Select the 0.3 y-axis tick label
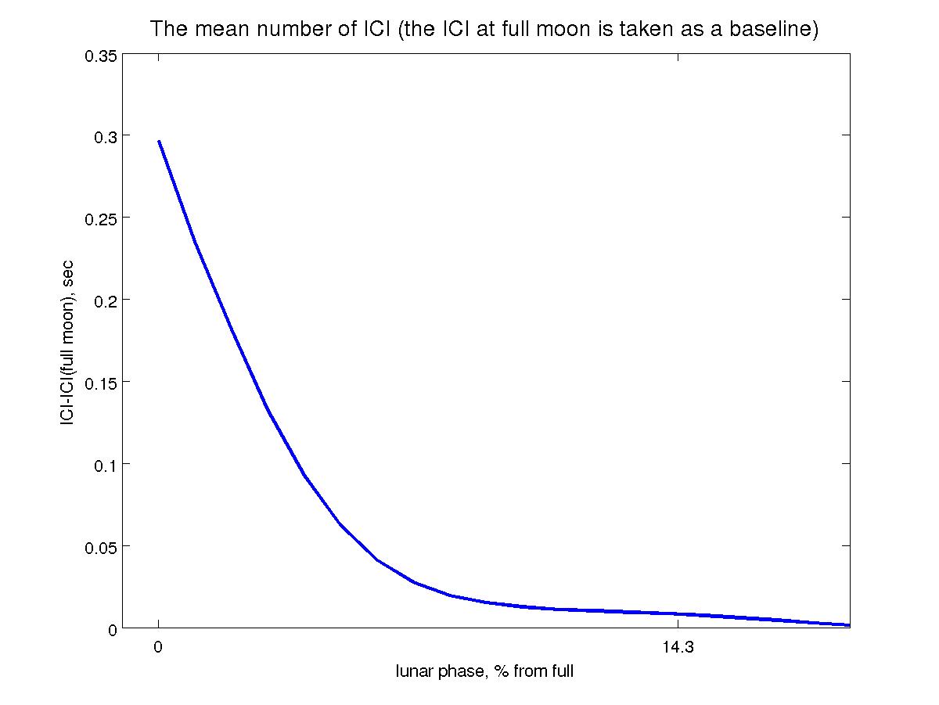click(106, 135)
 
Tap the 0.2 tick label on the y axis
click(106, 300)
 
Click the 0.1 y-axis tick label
click(106, 464)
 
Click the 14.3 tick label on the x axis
click(677, 648)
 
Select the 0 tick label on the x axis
click(158, 648)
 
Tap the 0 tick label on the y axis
click(113, 628)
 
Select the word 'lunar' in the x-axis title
click(414, 671)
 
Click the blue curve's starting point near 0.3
click(159, 141)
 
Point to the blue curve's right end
click(849, 625)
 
